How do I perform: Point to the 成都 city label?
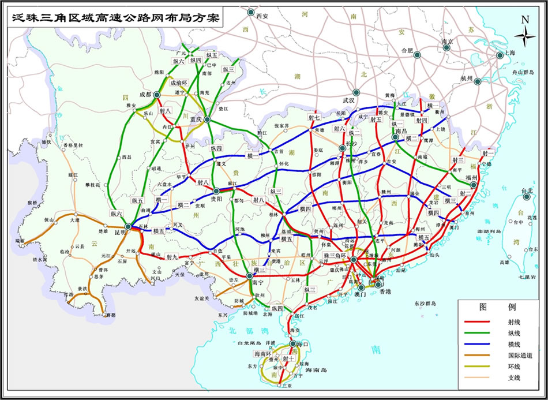click(x=145, y=94)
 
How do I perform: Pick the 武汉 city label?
click(x=348, y=100)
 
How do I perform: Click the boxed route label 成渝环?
click(x=179, y=83)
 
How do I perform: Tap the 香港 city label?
click(x=377, y=292)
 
